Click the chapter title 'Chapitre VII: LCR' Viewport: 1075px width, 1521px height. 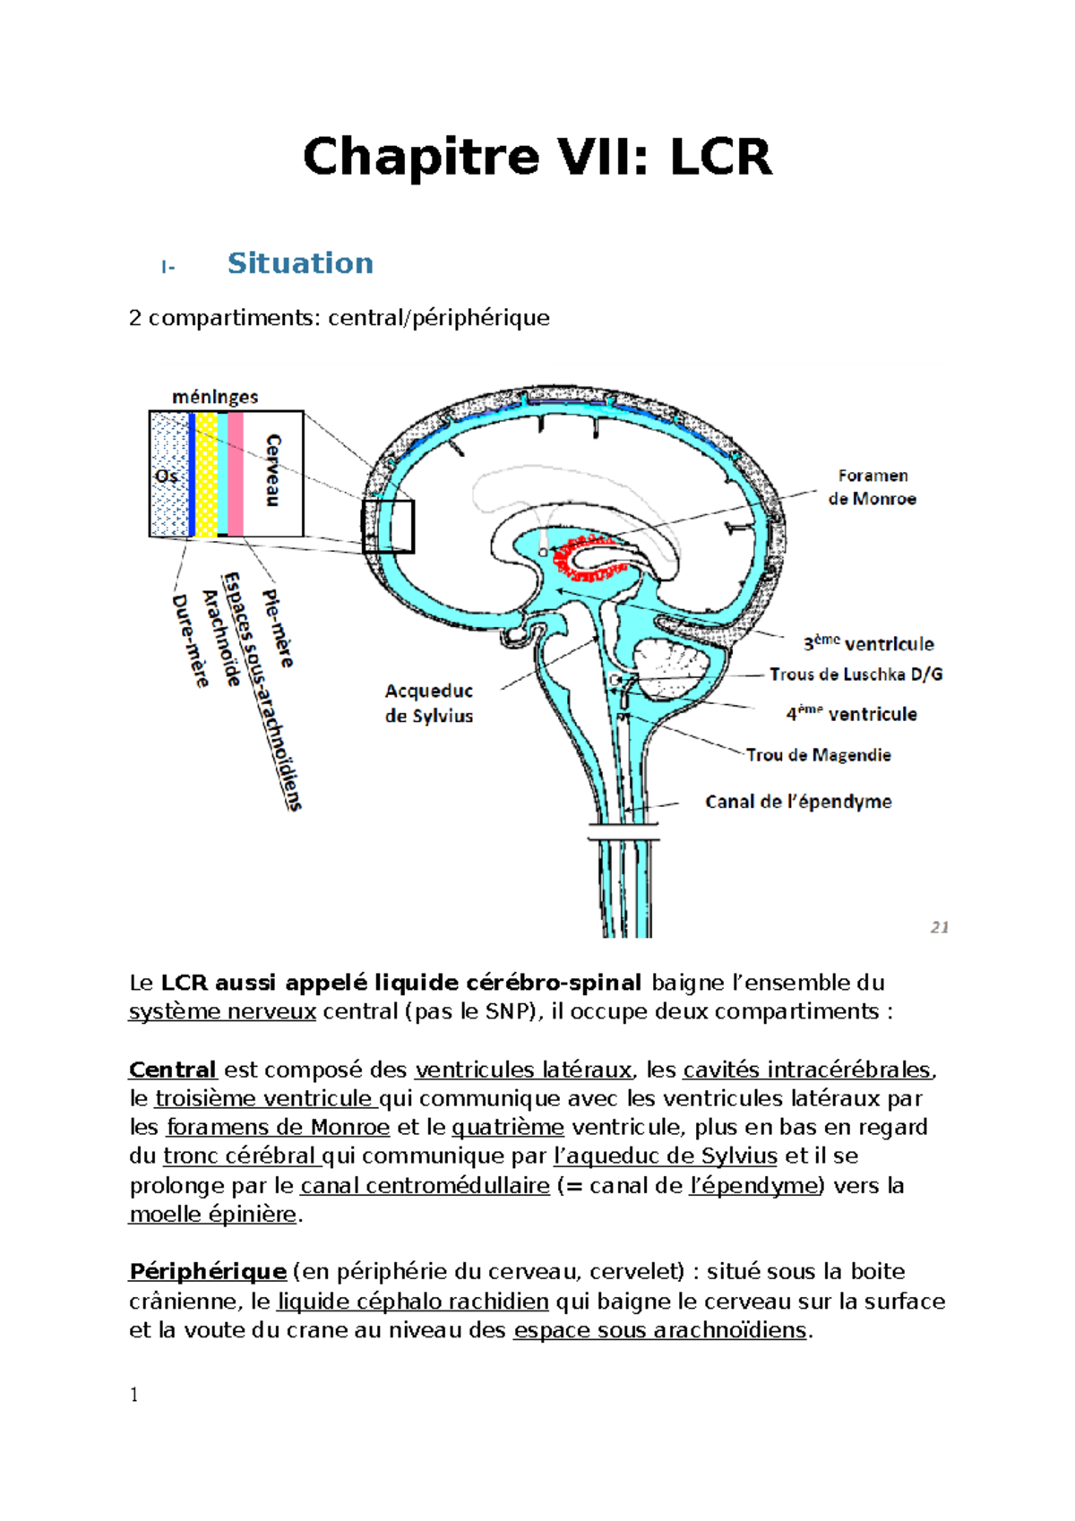(537, 158)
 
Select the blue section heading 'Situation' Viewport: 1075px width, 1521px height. (300, 263)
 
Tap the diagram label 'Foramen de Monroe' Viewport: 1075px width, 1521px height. (872, 487)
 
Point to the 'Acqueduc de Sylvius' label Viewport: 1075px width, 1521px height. (428, 703)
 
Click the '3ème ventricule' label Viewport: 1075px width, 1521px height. (869, 643)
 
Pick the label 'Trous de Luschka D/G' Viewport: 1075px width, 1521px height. (856, 675)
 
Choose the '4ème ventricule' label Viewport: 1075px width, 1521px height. (852, 714)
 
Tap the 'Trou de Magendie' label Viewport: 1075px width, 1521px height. (818, 755)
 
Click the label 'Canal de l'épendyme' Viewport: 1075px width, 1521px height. (798, 802)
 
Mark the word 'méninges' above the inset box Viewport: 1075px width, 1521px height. (215, 397)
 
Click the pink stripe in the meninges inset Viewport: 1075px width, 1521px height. (235, 474)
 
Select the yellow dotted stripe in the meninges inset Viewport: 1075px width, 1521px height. (206, 474)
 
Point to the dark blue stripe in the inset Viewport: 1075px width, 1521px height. (193, 474)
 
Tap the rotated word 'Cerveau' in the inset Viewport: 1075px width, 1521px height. (273, 470)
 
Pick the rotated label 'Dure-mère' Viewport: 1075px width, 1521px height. (189, 641)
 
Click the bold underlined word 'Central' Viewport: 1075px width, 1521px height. (173, 1070)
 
